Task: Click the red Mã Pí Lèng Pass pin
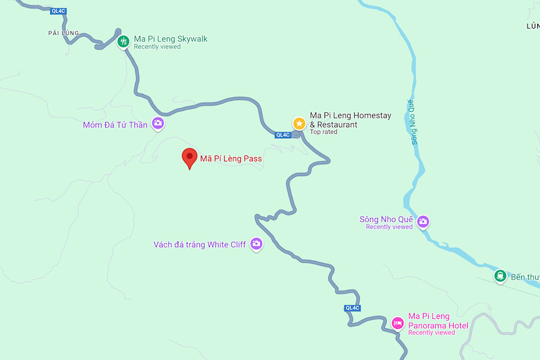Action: tap(189, 157)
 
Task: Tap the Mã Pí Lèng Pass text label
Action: tap(231, 159)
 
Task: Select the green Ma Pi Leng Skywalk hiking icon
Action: tap(124, 41)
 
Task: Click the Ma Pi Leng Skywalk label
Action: tap(171, 39)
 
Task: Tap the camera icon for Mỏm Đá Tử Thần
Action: tap(158, 123)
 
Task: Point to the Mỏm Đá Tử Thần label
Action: tap(115, 125)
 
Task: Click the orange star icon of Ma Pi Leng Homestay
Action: tap(299, 124)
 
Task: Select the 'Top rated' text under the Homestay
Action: tap(323, 132)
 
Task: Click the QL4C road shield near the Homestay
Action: tap(282, 135)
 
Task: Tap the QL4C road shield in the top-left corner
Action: tap(58, 11)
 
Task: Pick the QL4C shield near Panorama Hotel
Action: tap(352, 308)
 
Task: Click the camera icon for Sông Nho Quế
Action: tap(423, 221)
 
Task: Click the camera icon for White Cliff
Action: tap(256, 244)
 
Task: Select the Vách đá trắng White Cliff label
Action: tap(200, 244)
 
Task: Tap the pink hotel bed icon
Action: tap(397, 323)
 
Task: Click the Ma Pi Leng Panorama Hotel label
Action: tap(437, 321)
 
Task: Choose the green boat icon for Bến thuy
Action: tap(500, 276)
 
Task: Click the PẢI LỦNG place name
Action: tap(63, 33)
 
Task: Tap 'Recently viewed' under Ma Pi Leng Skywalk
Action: tap(157, 46)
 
